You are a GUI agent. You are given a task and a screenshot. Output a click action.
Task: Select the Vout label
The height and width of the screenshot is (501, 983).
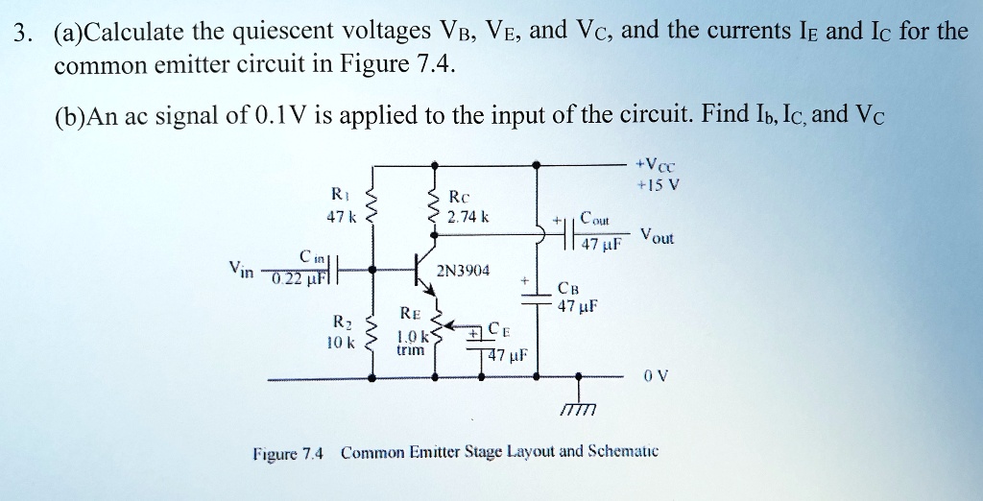[659, 237]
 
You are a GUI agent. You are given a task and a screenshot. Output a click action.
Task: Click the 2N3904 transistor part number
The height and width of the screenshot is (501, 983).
[464, 271]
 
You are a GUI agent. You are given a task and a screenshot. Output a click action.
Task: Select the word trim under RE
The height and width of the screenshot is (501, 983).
[409, 352]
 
